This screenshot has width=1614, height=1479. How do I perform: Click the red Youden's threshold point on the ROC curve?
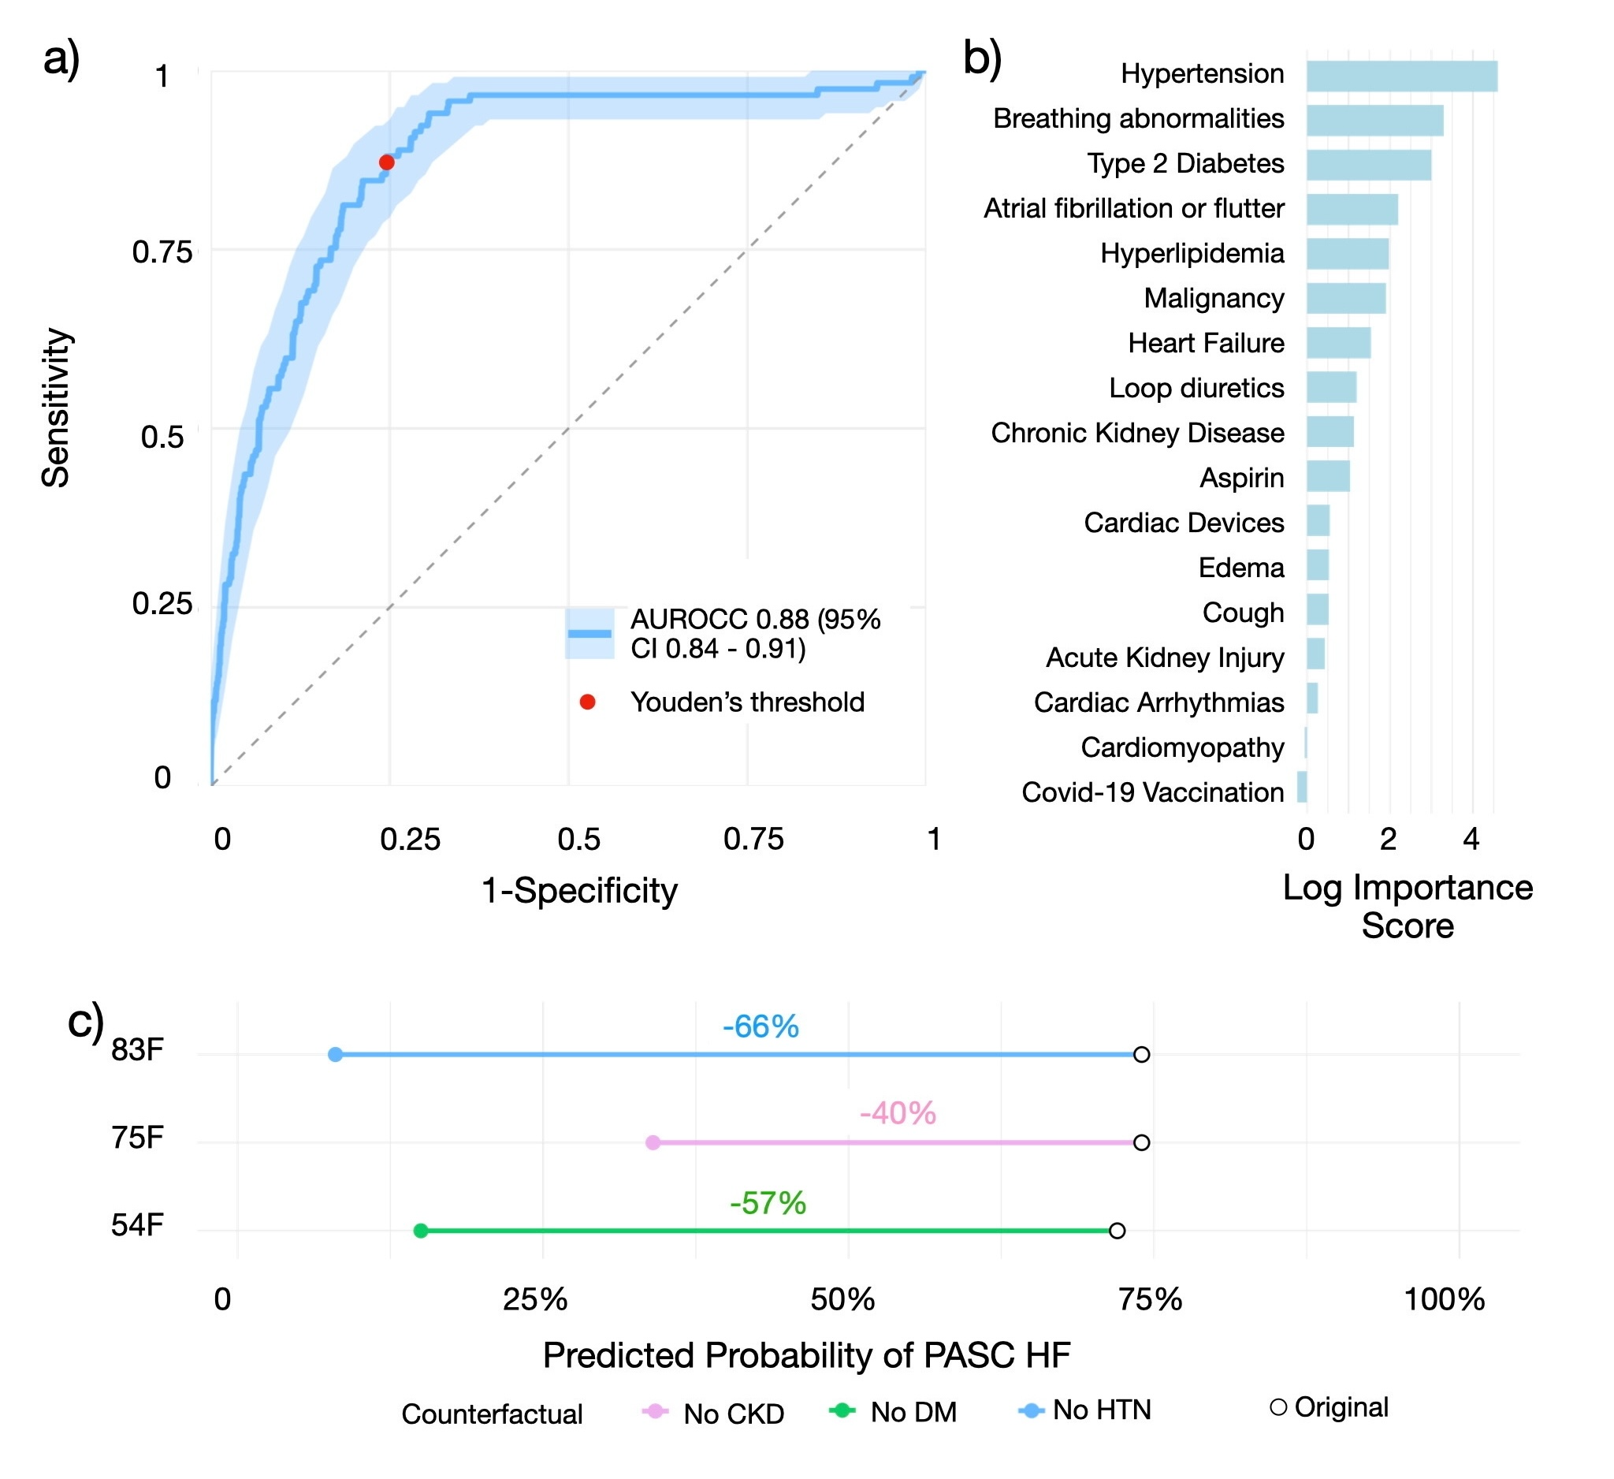point(387,162)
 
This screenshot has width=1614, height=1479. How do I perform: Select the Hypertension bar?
point(1401,76)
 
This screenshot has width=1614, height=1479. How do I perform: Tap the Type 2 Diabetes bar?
point(1368,165)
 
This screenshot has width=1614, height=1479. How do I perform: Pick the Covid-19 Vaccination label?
point(1152,792)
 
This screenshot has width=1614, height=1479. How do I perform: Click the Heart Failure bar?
point(1338,343)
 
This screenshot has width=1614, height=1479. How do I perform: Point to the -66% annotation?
point(761,1026)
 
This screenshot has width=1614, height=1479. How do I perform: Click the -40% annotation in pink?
point(898,1113)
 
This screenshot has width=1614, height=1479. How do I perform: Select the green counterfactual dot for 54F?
point(420,1231)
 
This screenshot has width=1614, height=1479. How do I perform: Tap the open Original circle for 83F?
point(1142,1055)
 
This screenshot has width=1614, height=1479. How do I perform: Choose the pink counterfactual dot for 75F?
point(653,1142)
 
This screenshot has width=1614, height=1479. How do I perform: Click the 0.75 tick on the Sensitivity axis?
point(162,252)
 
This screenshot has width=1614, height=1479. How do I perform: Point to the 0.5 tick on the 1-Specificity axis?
point(578,839)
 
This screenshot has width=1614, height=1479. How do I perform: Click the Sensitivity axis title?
point(56,408)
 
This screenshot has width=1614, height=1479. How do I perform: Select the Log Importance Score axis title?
point(1408,907)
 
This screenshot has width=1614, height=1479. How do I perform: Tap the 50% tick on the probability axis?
point(842,1298)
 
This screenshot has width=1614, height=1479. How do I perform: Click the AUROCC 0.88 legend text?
point(754,633)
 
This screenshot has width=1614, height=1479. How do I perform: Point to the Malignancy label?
point(1214,298)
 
